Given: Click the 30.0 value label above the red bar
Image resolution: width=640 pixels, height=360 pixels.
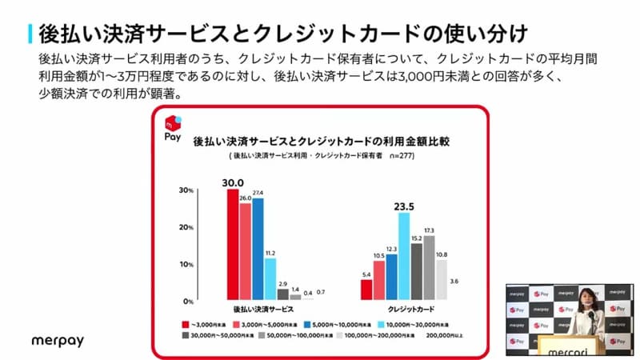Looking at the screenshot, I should coord(233,182).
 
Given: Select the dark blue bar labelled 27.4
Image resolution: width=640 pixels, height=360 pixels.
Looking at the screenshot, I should coord(258,248).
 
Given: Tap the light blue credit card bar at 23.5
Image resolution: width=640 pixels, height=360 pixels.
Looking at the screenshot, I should coord(404,256).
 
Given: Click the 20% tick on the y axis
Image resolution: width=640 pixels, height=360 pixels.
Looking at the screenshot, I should coord(186,228).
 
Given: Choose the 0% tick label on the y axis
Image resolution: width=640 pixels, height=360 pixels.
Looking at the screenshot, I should coord(187,302).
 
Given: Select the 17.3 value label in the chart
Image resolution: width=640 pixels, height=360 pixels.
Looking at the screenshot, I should coord(430,230).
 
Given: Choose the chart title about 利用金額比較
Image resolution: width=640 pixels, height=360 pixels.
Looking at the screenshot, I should coord(321,141).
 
